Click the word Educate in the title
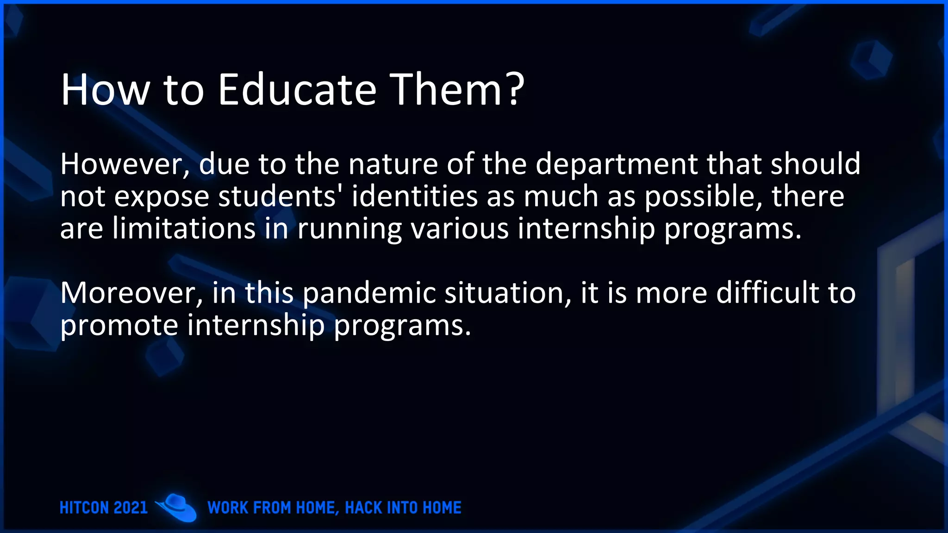tap(297, 90)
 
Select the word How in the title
tap(105, 90)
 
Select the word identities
tap(414, 197)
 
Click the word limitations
tap(184, 229)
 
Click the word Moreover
tap(131, 293)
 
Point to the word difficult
tap(767, 293)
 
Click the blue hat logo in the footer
tap(176, 508)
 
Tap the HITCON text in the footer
tap(84, 508)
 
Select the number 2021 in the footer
tap(131, 508)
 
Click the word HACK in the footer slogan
tap(364, 508)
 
